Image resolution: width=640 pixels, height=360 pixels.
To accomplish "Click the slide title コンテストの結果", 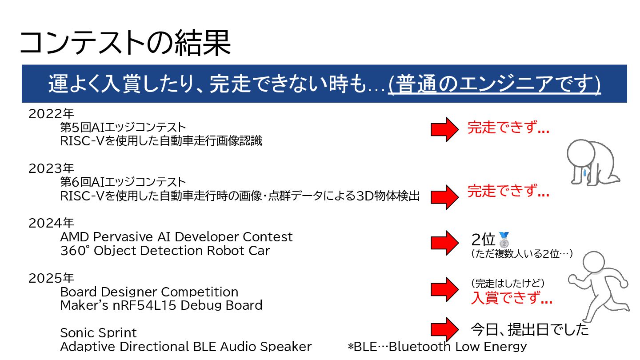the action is tap(125, 43).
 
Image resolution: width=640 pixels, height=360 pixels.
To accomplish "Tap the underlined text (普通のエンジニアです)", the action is tap(494, 84).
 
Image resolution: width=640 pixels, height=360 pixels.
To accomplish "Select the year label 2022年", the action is tap(51, 114).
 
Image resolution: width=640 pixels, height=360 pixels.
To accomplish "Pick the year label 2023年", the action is tap(51, 168).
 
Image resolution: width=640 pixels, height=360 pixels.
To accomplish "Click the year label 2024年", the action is tap(51, 223).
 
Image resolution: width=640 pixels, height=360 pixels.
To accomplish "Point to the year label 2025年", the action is tap(51, 278).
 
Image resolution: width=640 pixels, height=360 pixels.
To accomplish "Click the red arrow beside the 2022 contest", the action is tap(444, 130).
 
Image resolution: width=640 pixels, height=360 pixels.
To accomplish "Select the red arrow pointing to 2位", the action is tap(444, 243).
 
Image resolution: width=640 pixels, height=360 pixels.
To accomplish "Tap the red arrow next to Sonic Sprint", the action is tap(444, 329).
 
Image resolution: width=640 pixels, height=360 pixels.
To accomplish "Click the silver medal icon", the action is tap(504, 240).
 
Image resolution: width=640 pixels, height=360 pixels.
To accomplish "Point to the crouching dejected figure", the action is tap(591, 162).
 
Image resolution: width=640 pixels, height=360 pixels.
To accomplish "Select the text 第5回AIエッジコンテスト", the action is tap(123, 128).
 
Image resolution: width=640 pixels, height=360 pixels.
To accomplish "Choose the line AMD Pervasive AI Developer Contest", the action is tap(176, 236).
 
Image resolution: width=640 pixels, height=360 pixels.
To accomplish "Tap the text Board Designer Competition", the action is tap(149, 292).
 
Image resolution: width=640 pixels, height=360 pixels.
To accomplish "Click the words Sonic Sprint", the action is tap(98, 333).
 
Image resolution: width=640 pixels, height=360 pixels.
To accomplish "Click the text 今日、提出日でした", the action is tap(529, 329).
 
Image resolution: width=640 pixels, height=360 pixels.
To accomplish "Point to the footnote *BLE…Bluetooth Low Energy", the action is tap(437, 346).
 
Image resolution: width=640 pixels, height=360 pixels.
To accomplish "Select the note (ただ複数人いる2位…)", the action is tap(521, 254).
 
